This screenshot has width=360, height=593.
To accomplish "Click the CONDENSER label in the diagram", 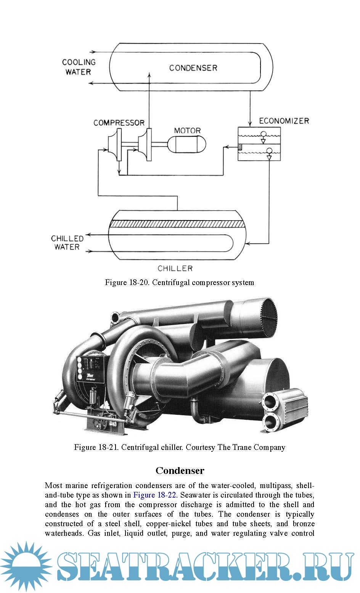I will pos(193,68).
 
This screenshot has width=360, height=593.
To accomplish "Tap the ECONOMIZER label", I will pos(284,121).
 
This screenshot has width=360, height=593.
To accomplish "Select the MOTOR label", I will pos(187,131).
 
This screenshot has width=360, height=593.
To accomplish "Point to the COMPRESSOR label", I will pos(119,123).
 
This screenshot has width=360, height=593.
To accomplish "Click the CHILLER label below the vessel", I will pos(175,268).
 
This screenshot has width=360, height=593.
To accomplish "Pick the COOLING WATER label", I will pos(79,67).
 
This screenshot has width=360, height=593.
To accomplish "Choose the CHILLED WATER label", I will pos(67,243).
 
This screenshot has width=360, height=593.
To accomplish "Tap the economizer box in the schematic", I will pos(259,144).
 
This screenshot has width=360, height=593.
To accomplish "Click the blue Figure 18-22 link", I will pos(154,495).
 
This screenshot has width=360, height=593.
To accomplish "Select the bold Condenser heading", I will pos(180,471).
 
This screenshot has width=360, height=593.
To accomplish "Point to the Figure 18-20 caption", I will pos(180,283).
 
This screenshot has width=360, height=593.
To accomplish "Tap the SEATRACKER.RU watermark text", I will pos(206,567).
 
